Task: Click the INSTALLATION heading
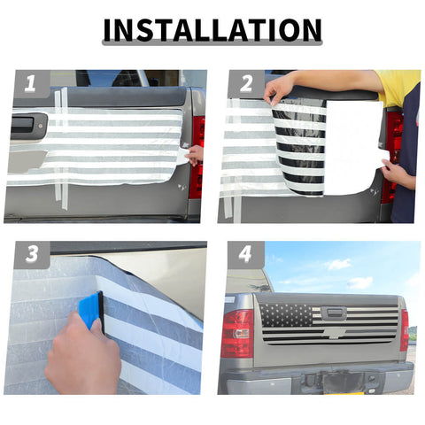point(212,30)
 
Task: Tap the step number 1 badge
point(31,83)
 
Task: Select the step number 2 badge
point(246,83)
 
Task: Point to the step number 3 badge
point(32,254)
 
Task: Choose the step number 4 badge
point(245,254)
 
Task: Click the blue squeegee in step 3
point(91,310)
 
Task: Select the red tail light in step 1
point(197,157)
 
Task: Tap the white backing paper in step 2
point(354,148)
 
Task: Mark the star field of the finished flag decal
point(286,314)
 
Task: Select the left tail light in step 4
point(237,333)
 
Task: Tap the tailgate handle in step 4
point(334,313)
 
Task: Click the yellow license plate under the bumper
point(345,393)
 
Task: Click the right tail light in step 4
point(405,330)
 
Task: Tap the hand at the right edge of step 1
point(195,155)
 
